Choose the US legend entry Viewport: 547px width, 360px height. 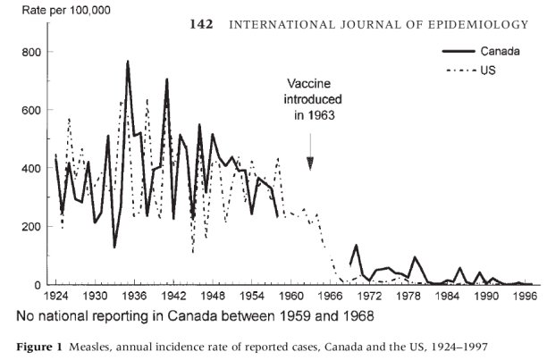coord(481,67)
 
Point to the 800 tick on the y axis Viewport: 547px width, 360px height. coord(30,53)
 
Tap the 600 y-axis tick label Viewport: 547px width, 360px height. coord(30,111)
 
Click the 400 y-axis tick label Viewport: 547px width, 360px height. coord(30,169)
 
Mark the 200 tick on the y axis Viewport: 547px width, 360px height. coord(30,227)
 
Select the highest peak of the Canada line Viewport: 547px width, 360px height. coord(128,62)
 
